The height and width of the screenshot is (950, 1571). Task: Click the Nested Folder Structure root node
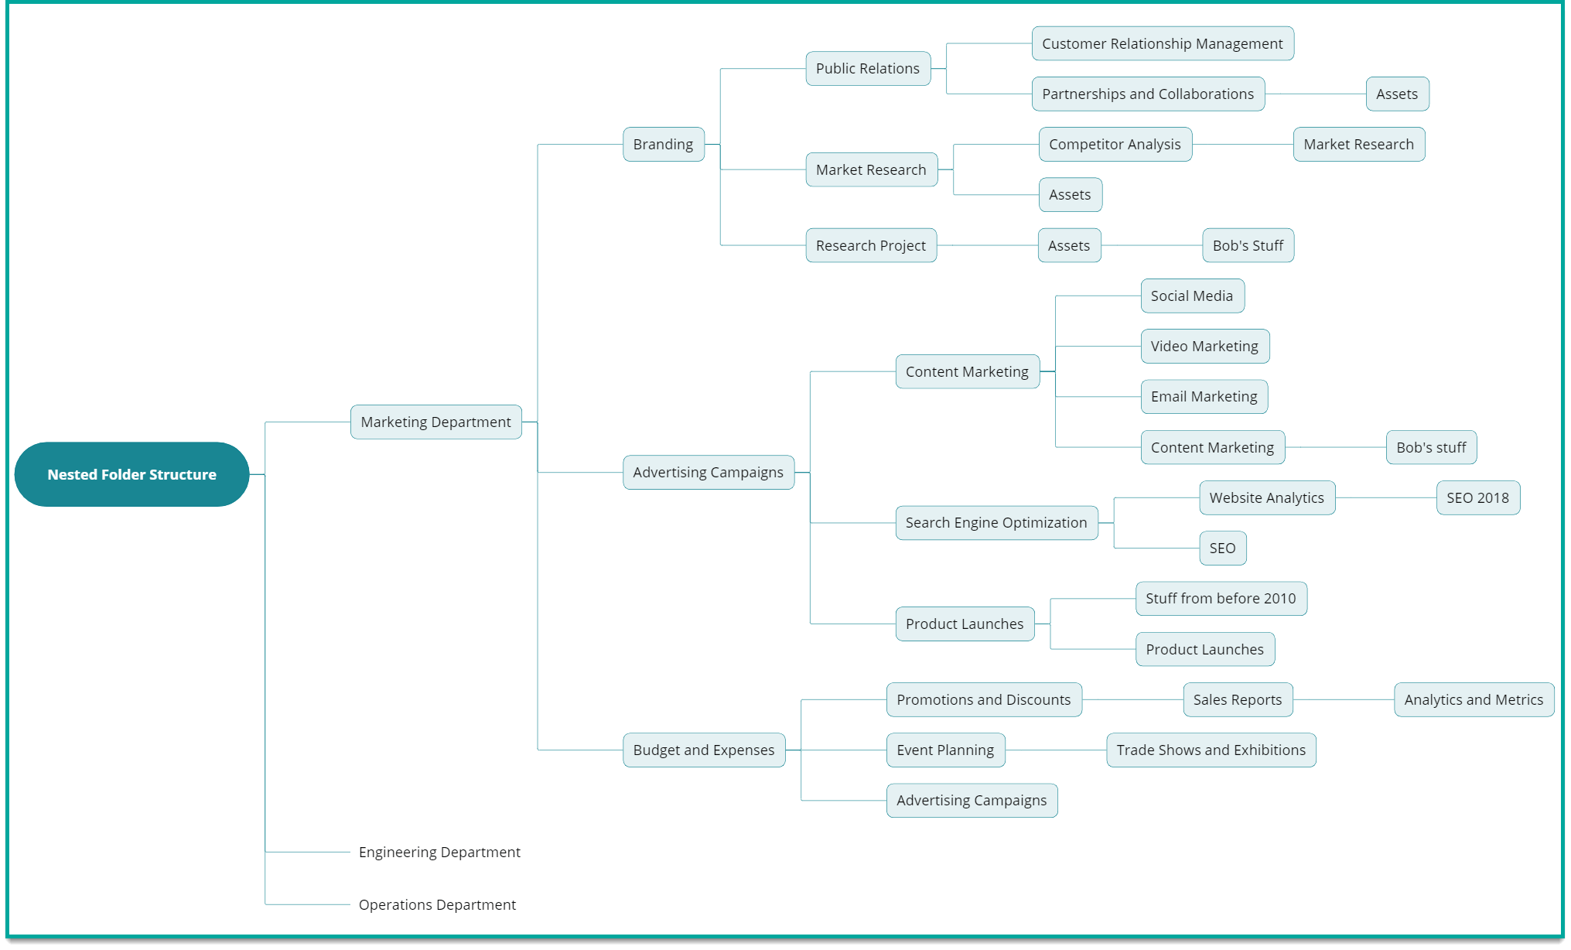tap(131, 474)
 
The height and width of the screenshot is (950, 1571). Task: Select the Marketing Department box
tap(435, 422)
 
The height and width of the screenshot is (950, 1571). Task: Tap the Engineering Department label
tap(439, 852)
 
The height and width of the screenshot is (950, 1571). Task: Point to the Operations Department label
tap(437, 904)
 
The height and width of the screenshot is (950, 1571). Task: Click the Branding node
tap(663, 144)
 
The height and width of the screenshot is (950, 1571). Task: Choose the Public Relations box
tap(867, 68)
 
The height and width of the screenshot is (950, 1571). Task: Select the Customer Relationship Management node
tap(1162, 43)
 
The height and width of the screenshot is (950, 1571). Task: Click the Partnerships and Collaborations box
tap(1147, 94)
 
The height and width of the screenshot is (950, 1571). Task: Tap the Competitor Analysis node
tap(1115, 144)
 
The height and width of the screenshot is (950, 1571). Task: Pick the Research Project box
tap(870, 245)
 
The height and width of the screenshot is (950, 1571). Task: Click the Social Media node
tap(1191, 296)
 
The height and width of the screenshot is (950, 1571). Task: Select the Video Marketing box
tap(1204, 346)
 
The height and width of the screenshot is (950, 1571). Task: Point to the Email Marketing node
tap(1204, 396)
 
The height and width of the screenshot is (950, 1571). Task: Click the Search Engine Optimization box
tap(996, 522)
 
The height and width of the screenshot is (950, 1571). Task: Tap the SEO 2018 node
tap(1477, 497)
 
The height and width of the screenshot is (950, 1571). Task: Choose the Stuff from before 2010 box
tap(1221, 598)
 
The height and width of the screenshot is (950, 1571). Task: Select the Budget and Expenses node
tap(703, 750)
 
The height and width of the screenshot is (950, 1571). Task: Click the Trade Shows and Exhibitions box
tap(1211, 750)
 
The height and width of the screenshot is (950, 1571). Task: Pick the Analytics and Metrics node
tap(1474, 699)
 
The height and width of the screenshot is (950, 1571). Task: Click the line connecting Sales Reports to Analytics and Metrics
tap(1344, 699)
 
